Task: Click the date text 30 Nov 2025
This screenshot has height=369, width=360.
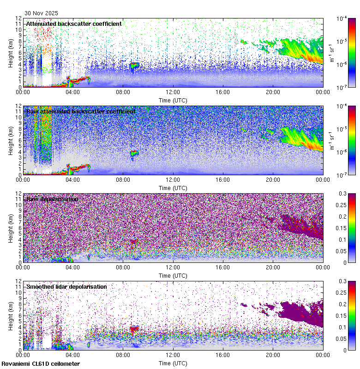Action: (x=42, y=13)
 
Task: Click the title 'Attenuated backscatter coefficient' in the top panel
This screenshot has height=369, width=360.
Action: (x=74, y=24)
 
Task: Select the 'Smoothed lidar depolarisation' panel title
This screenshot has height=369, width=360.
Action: (x=66, y=286)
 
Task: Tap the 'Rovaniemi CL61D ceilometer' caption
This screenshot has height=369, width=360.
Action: (x=40, y=364)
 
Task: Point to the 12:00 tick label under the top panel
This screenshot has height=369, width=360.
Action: (x=173, y=92)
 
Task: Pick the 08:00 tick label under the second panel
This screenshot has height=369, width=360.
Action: (x=123, y=179)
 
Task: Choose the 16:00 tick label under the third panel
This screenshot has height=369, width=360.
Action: (x=223, y=267)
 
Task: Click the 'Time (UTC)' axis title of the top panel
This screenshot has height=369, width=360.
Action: (x=173, y=100)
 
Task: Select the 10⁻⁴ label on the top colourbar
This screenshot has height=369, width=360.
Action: (x=342, y=18)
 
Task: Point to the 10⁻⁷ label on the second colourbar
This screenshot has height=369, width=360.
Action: (x=342, y=175)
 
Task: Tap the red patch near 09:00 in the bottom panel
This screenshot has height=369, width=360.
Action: (x=134, y=329)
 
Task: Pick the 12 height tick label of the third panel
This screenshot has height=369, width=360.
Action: (x=19, y=194)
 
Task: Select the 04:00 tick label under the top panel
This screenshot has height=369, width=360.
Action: (x=73, y=92)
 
